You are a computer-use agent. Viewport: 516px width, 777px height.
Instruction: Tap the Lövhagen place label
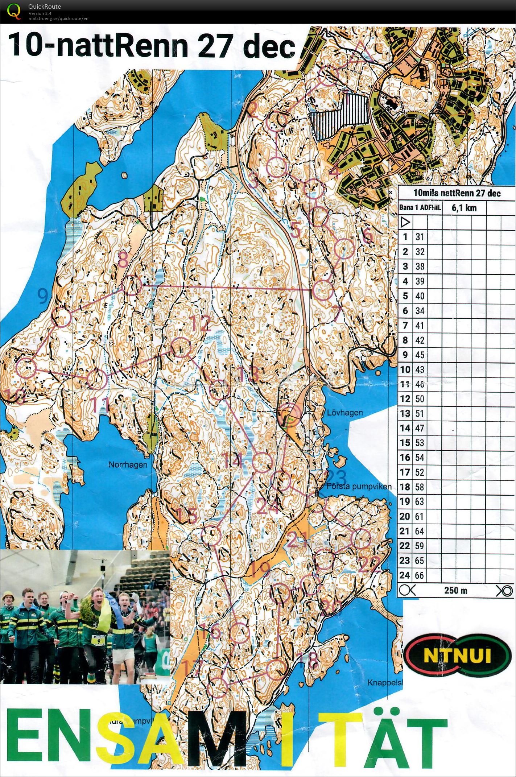344,413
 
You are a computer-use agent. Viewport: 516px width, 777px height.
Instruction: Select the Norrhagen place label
128,465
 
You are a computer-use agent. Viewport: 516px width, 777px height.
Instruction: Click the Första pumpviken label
359,487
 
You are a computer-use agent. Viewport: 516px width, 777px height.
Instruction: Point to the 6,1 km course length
464,208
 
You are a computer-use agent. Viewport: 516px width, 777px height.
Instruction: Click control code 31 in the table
420,237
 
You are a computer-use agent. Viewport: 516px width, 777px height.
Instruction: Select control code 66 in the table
419,575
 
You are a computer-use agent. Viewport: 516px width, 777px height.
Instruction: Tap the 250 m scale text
455,590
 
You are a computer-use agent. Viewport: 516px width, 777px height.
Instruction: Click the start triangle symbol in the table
405,222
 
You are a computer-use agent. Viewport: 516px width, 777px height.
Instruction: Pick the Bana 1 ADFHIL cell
420,208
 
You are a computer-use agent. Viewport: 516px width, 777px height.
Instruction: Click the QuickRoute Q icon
13,11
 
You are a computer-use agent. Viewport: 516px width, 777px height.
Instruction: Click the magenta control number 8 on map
123,260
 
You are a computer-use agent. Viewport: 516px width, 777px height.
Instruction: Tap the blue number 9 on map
43,296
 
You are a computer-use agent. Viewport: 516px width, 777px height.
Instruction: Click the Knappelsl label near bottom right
385,683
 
